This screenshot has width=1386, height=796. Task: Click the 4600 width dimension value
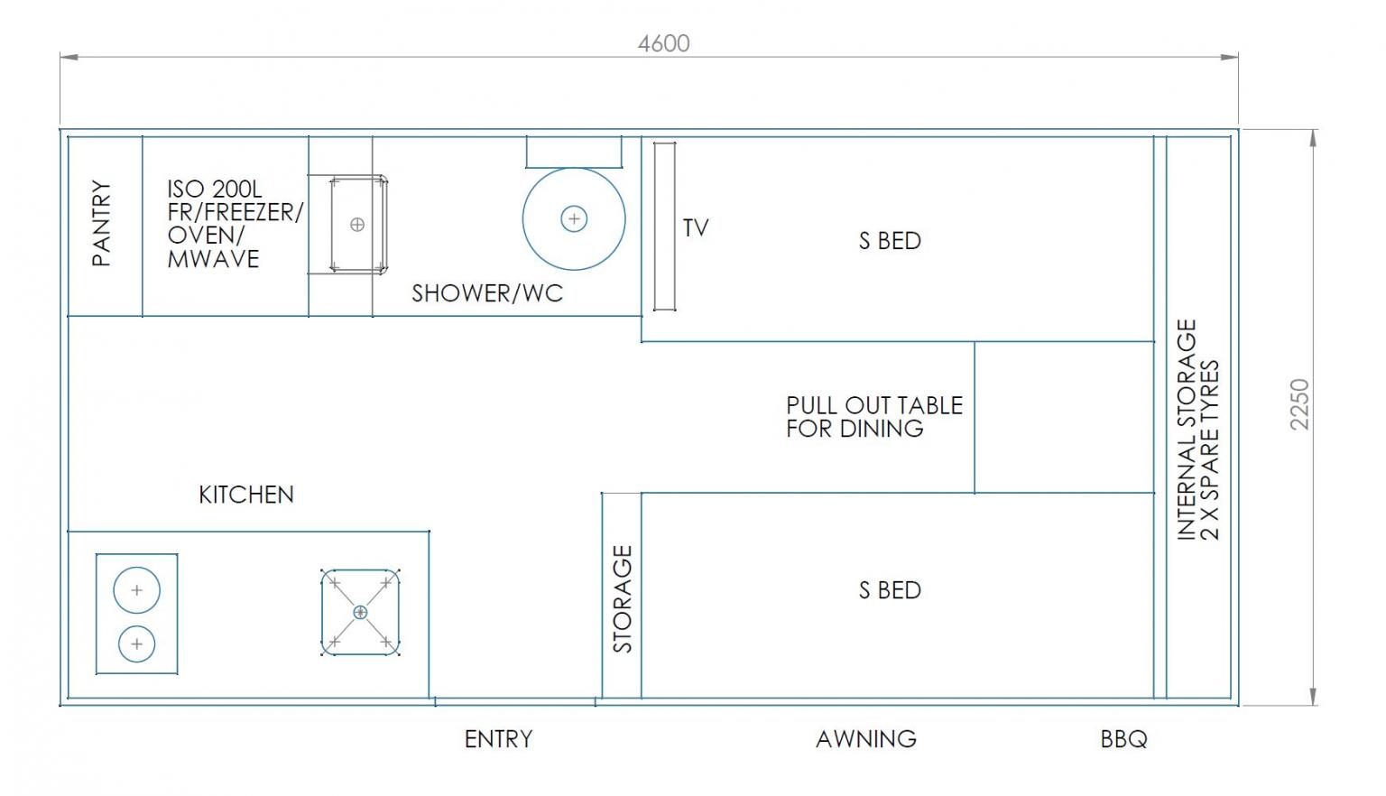663,43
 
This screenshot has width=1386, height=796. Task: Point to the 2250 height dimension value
1300,404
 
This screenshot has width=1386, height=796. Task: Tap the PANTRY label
101,223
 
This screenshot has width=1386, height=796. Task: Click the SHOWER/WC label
487,293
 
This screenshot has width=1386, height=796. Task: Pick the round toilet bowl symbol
574,218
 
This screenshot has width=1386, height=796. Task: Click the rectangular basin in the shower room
358,224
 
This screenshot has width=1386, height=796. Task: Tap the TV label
696,227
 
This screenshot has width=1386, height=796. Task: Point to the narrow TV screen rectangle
664,226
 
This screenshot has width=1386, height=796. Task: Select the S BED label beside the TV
890,241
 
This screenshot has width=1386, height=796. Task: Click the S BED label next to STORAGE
890,590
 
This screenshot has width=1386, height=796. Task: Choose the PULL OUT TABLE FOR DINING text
874,417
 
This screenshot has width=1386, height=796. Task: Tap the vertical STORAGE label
623,598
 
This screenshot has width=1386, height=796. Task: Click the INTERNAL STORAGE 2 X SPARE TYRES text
1198,430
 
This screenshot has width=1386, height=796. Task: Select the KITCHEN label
246,495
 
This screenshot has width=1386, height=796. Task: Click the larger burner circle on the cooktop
137,590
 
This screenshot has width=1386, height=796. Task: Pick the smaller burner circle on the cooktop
137,644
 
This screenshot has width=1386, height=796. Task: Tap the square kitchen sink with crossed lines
360,612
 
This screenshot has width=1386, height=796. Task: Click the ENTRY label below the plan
499,739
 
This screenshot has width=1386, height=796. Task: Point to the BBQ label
1123,739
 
